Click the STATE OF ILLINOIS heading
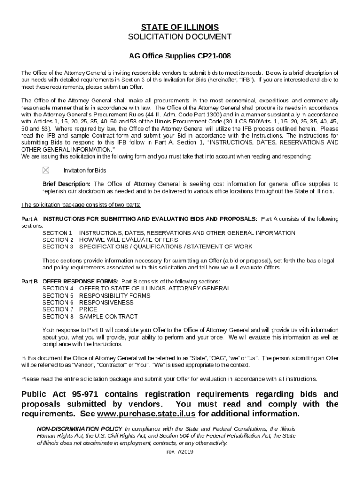tap(180, 27)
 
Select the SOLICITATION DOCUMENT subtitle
tap(180, 37)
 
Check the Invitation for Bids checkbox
tap(45, 170)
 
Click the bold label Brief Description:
tap(67, 184)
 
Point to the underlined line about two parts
tap(81, 205)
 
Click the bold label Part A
tap(29, 219)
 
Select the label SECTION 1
tap(58, 233)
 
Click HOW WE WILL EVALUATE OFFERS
tap(129, 239)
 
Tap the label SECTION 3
tap(58, 247)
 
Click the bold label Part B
tap(29, 282)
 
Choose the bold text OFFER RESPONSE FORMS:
tap(80, 282)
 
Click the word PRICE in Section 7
tap(88, 309)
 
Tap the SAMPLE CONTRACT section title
tap(108, 316)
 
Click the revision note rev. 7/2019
tap(180, 452)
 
